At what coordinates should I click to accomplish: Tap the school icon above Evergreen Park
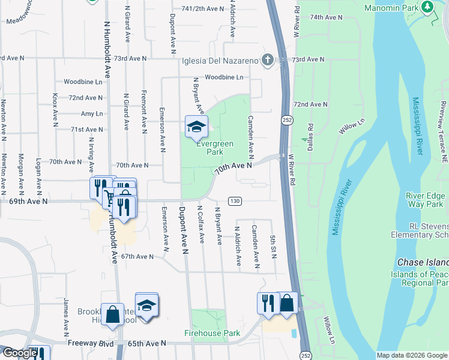(x=196, y=127)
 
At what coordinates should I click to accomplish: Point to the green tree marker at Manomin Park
(x=427, y=7)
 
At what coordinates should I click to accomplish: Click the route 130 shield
(x=235, y=200)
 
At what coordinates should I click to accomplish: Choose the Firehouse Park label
(x=212, y=332)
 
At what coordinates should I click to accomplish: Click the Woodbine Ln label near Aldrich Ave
(x=223, y=77)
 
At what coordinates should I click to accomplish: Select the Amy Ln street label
(x=92, y=113)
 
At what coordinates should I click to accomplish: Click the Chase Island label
(x=423, y=263)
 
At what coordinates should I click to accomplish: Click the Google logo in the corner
(x=19, y=353)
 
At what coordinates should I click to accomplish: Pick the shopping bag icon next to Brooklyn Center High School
(x=112, y=315)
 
